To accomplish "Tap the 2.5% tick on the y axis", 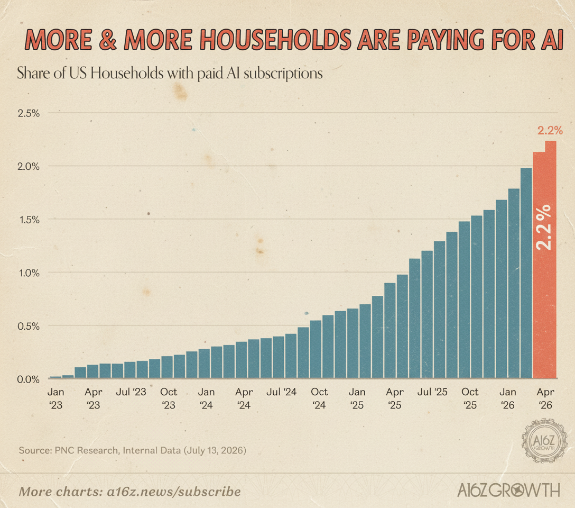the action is coord(29,113).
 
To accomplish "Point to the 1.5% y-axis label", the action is coord(29,220).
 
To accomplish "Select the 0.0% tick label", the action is coord(28,379).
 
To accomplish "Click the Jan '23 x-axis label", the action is coord(55,398).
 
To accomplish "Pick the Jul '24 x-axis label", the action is coord(281,392).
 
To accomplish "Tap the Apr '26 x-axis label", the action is coord(545,398).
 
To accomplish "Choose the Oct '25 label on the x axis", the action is coord(470,398).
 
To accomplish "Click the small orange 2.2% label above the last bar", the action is coord(550,130).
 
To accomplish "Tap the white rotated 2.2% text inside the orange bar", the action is coord(543,228).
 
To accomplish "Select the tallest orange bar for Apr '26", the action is coord(551,259).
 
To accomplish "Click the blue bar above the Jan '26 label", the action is coord(514,283).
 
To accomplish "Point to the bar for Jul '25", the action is coord(427,314).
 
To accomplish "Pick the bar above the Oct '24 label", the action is coord(316,349).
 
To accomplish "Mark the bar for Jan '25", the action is coord(353,343).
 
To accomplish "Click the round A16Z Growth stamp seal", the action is coord(544,441).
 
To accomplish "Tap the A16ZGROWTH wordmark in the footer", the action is coord(509,491).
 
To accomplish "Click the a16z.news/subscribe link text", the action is coord(174,492).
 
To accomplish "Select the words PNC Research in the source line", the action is coord(87,450).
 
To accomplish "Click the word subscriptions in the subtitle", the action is coord(283,74).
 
